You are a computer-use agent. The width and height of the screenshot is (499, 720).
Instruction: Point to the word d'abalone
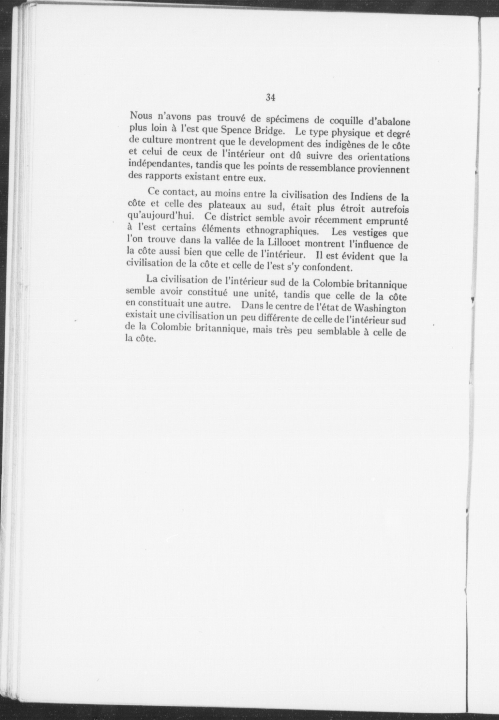click(383, 122)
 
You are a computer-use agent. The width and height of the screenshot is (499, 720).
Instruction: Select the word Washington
click(380, 308)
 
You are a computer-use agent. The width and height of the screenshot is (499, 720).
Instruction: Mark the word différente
click(266, 318)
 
